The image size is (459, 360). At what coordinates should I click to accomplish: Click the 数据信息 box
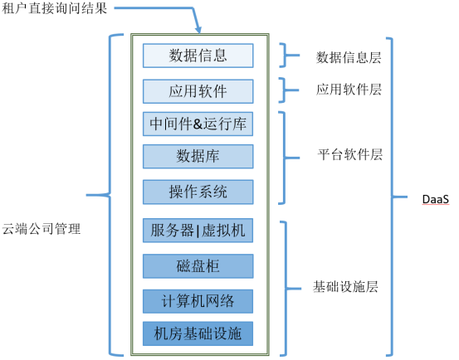coord(198,56)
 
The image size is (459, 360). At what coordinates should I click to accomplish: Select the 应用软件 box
coord(198,90)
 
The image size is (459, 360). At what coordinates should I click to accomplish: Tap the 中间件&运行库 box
coord(198,124)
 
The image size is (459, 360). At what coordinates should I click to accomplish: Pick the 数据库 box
coord(198,155)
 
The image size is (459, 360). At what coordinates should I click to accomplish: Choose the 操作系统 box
coord(198,192)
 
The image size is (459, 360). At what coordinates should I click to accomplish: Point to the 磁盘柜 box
coord(198,265)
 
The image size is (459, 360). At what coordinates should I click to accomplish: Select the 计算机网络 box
coord(198,300)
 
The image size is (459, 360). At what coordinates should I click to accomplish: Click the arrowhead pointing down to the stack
coord(196,32)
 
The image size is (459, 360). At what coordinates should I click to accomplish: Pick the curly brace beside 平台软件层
coord(285,156)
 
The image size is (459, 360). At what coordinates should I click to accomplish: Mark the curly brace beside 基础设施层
coord(285,288)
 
